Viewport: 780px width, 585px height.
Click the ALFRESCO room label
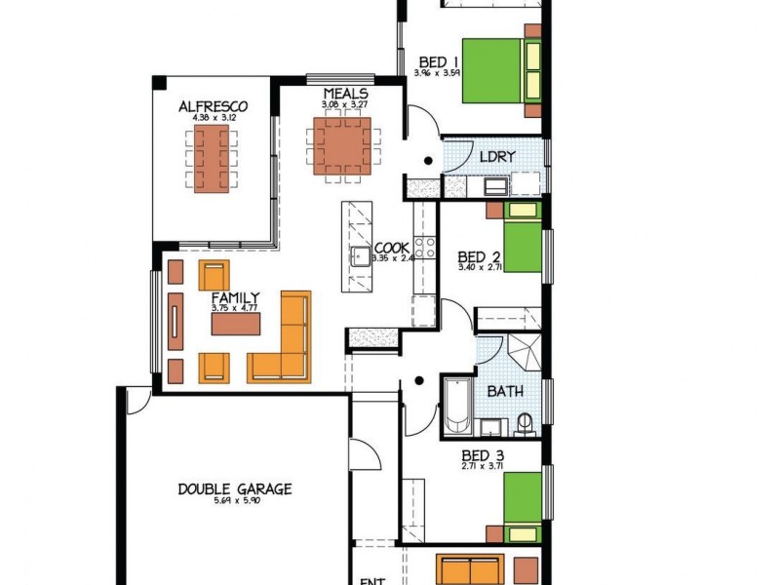click(x=212, y=106)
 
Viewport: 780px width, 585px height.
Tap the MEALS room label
click(x=345, y=93)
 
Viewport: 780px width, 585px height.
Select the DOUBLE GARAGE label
click(x=234, y=489)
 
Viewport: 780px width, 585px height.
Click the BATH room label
click(x=505, y=392)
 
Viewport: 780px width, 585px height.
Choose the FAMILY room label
click(x=235, y=297)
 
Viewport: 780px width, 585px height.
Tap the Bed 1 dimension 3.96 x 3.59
click(x=436, y=73)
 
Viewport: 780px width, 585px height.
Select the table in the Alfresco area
click(x=212, y=159)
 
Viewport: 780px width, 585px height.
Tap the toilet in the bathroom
click(x=525, y=424)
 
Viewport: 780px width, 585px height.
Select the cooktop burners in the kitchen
click(x=424, y=247)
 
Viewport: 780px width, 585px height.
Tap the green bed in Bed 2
click(x=522, y=250)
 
